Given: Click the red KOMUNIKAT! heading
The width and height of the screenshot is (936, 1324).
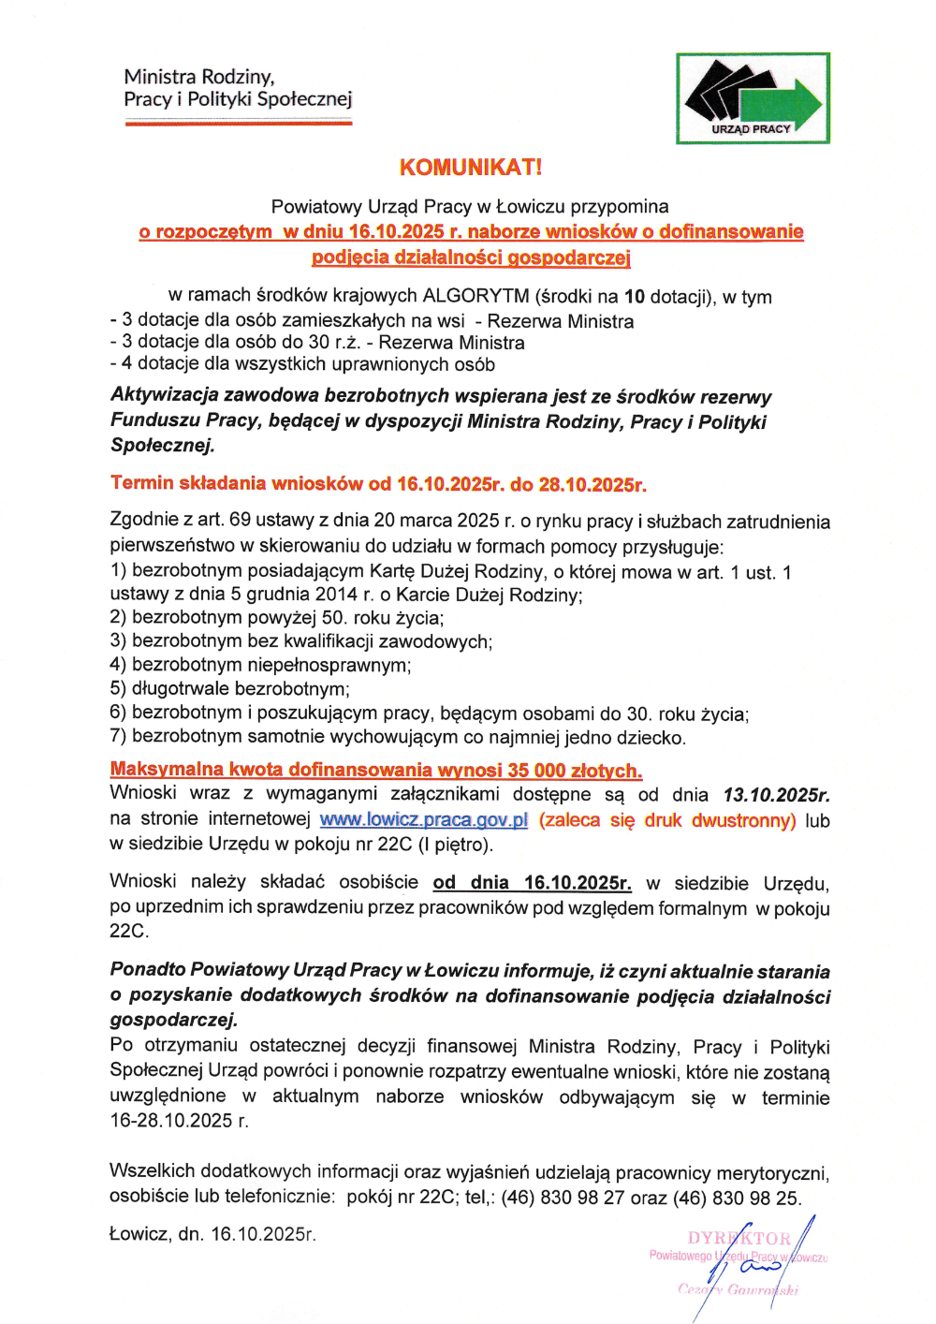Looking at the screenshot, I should pyautogui.click(x=471, y=168).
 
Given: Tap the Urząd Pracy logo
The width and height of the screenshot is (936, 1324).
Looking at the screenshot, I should pyautogui.click(x=753, y=98).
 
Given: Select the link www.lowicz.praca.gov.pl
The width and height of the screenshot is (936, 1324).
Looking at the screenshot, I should pyautogui.click(x=424, y=820).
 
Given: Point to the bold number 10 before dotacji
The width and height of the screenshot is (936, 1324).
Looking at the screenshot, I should pyautogui.click(x=635, y=297).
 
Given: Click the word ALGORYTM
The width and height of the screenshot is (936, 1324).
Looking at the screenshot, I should pyautogui.click(x=475, y=297).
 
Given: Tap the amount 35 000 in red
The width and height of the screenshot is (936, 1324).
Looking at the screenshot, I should pyautogui.click(x=536, y=771).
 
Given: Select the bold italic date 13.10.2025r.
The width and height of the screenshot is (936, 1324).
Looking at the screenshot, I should pyautogui.click(x=776, y=795).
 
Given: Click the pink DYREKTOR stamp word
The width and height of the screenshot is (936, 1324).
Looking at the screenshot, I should pyautogui.click(x=739, y=1238).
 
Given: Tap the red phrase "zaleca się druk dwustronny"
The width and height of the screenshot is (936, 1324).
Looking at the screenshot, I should pyautogui.click(x=667, y=820).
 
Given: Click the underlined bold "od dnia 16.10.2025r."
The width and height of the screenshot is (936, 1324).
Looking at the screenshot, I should pyautogui.click(x=532, y=883).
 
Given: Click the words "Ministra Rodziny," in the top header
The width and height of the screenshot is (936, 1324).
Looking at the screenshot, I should pyautogui.click(x=199, y=76).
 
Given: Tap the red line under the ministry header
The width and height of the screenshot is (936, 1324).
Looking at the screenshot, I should pyautogui.click(x=239, y=122).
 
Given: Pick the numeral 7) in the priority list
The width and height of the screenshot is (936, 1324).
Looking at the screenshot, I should pyautogui.click(x=118, y=737).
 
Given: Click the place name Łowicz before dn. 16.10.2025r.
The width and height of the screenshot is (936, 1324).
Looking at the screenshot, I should pyautogui.click(x=139, y=1234).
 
